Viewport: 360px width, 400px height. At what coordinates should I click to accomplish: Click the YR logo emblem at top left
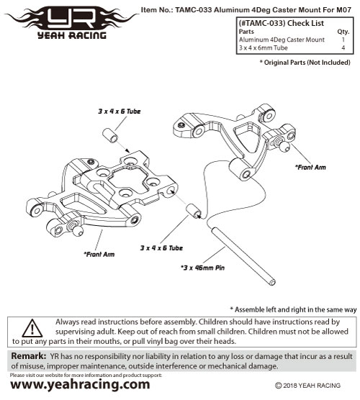pyautogui.click(x=71, y=19)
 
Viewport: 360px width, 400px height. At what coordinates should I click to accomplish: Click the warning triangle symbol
pyautogui.click(x=32, y=328)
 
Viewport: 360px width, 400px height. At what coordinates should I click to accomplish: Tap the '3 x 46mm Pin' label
pyautogui.click(x=202, y=268)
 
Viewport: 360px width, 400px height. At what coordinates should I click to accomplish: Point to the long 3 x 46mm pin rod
pyautogui.click(x=243, y=255)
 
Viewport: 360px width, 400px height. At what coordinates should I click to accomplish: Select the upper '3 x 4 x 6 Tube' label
pyautogui.click(x=120, y=112)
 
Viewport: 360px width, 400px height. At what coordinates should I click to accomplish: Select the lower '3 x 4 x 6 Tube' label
pyautogui.click(x=161, y=247)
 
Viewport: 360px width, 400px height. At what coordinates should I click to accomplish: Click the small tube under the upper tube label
pyautogui.click(x=110, y=135)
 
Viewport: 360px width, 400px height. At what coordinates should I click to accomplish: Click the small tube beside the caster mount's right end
pyautogui.click(x=194, y=212)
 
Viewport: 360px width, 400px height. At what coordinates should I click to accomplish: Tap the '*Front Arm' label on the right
pyautogui.click(x=310, y=168)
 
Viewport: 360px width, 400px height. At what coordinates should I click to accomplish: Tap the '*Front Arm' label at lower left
pyautogui.click(x=99, y=254)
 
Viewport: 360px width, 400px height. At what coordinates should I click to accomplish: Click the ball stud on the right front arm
pyautogui.click(x=283, y=145)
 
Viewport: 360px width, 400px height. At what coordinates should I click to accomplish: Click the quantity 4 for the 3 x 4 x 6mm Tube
pyautogui.click(x=343, y=47)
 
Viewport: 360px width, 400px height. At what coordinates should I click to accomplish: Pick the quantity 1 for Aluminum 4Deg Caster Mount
pyautogui.click(x=343, y=40)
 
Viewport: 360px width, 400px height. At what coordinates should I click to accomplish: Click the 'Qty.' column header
pyautogui.click(x=343, y=32)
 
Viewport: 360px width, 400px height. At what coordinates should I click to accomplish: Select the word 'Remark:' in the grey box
pyautogui.click(x=29, y=356)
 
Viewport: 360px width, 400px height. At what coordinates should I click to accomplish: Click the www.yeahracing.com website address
pyautogui.click(x=80, y=385)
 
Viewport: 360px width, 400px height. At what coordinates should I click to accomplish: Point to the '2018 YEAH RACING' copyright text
pyautogui.click(x=308, y=386)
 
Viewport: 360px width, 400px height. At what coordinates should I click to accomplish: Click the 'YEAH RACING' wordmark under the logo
pyautogui.click(x=72, y=35)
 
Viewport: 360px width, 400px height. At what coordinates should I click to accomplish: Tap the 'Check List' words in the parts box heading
pyautogui.click(x=305, y=23)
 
